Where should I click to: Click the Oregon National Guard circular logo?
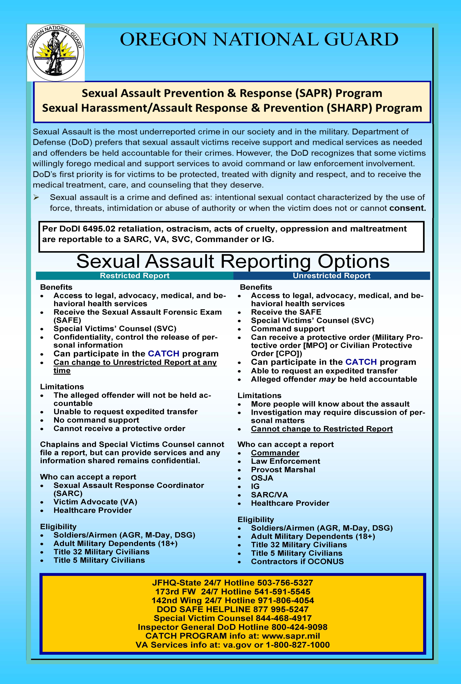pyautogui.click(x=56, y=53)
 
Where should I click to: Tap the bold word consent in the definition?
pyautogui.click(x=407, y=208)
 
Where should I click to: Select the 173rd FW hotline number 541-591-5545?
pyautogui.click(x=282, y=591)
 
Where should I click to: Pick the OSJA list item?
pyautogui.click(x=262, y=478)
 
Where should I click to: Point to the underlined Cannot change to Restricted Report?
pyautogui.click(x=322, y=429)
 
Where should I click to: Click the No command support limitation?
pyautogui.click(x=96, y=420)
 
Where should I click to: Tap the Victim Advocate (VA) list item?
pyautogui.click(x=95, y=502)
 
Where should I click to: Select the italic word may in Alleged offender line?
pyautogui.click(x=327, y=379)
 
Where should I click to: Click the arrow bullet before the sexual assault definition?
pyautogui.click(x=36, y=197)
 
